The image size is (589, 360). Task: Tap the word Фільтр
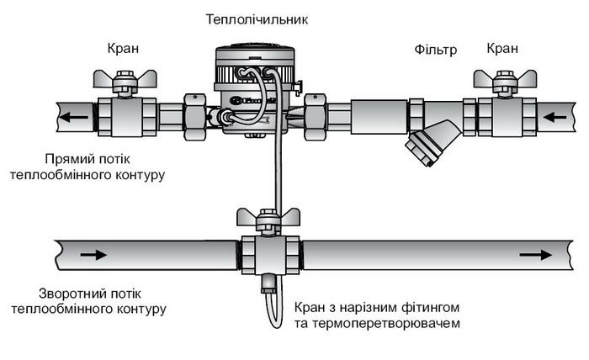435,50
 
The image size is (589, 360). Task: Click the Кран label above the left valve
125,50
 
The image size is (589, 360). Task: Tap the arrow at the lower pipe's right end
532,252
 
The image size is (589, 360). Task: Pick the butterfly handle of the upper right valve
505,82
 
